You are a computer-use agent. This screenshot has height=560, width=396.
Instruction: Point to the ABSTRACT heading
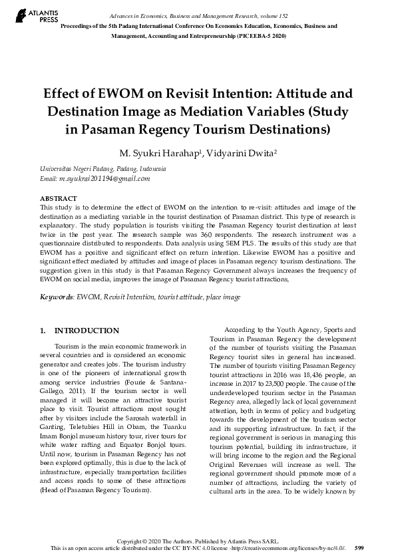click(x=59, y=199)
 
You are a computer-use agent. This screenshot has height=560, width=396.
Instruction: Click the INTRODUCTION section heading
click(x=87, y=331)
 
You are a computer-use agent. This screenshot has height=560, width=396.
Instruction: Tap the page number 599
click(x=359, y=547)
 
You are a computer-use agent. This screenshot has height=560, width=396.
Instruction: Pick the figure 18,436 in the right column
click(x=304, y=375)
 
